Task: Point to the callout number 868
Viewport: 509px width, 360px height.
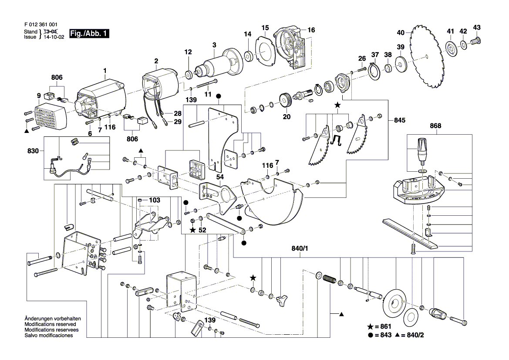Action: [x=435, y=126]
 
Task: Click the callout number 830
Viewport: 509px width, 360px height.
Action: [x=33, y=151]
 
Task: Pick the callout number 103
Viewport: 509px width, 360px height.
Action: [x=154, y=200]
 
